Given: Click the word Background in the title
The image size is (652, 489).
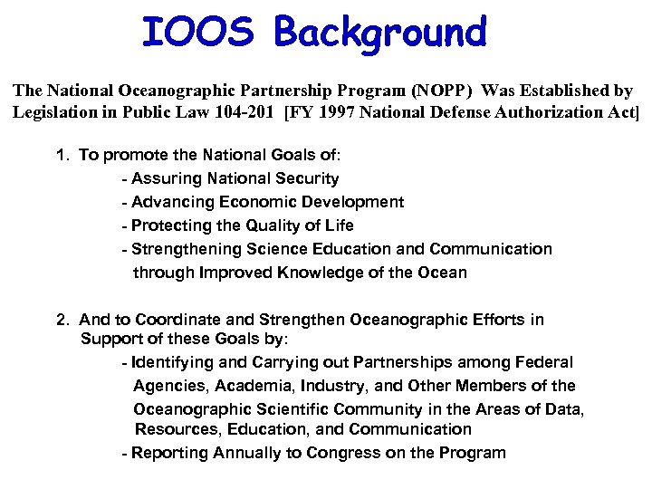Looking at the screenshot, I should tap(380, 32).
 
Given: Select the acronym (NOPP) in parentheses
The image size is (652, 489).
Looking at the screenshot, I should tap(442, 91).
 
